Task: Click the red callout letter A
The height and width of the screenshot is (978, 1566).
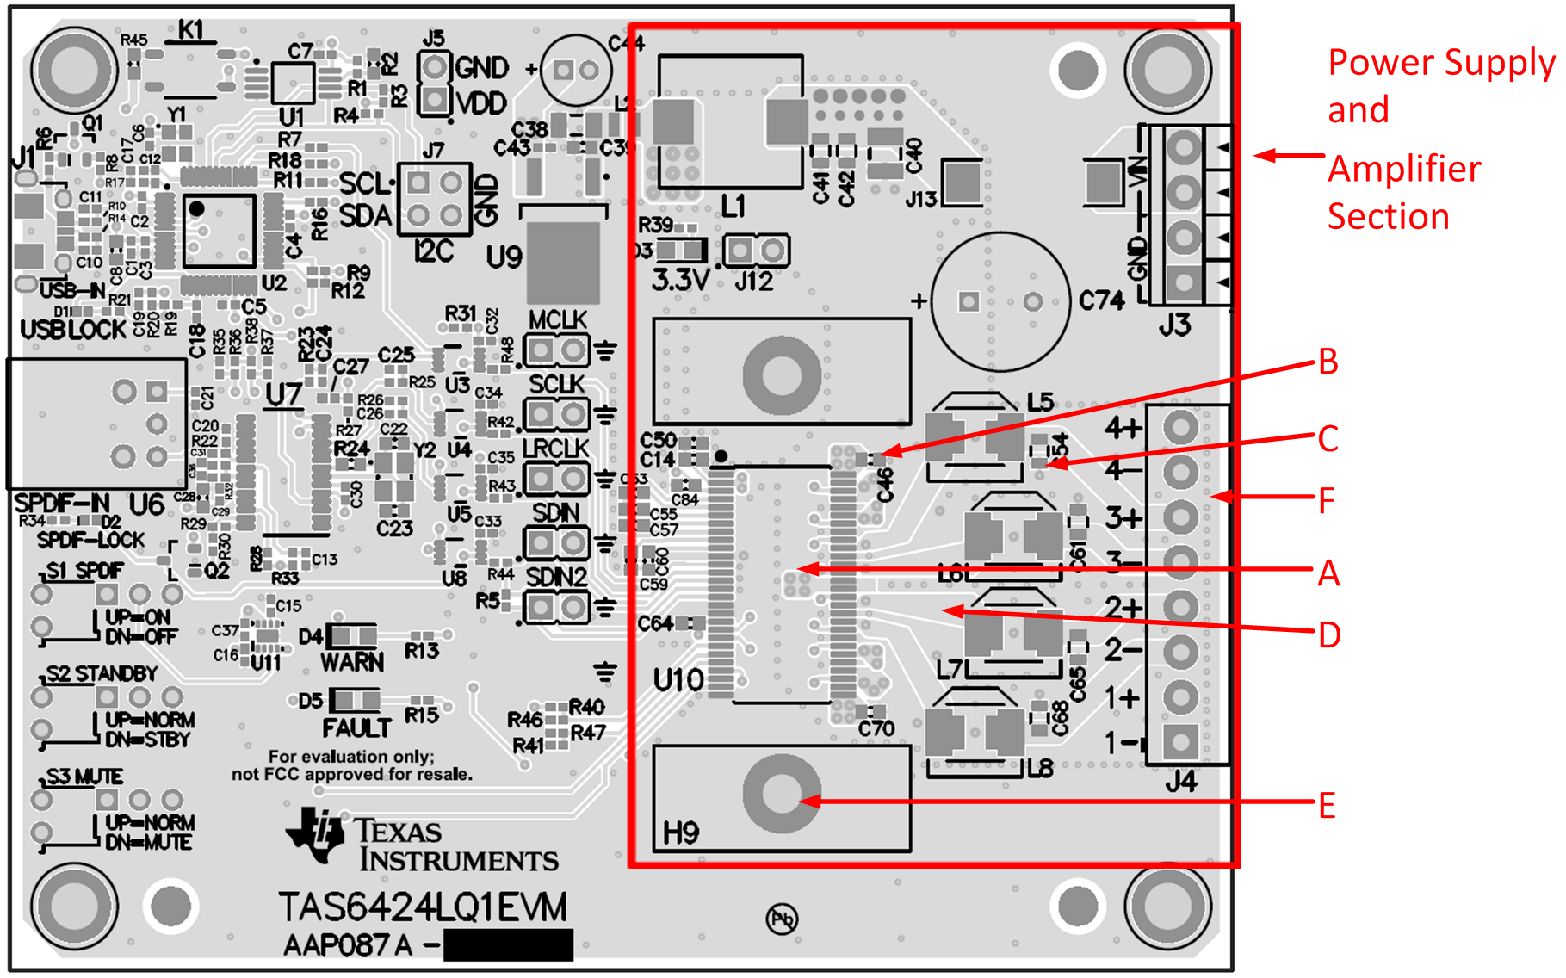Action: click(1328, 573)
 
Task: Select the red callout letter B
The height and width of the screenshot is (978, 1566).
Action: click(1328, 362)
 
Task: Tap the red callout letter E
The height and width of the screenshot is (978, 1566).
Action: click(1327, 806)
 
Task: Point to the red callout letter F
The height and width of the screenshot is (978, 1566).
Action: click(1327, 500)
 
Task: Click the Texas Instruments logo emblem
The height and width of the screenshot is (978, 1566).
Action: click(315, 833)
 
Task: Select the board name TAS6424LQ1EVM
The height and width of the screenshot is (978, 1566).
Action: click(423, 907)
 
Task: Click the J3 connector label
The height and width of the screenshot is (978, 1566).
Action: click(1173, 325)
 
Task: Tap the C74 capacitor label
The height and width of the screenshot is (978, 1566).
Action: click(1102, 301)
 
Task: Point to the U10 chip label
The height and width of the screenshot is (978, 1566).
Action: click(678, 680)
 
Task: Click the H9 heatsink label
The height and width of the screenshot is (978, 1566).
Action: click(680, 833)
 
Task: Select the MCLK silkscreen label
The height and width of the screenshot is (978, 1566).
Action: click(557, 320)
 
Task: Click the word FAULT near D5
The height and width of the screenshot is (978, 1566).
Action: click(356, 729)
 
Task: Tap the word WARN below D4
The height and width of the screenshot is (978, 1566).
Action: click(352, 662)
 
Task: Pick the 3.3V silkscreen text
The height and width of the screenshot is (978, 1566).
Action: click(680, 280)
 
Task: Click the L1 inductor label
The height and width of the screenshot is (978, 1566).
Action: click(733, 207)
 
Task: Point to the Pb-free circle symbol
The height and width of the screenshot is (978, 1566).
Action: click(782, 919)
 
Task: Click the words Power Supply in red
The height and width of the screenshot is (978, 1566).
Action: click(1441, 63)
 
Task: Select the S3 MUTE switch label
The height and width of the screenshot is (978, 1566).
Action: click(84, 777)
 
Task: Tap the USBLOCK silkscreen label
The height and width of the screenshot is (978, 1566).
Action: click(73, 330)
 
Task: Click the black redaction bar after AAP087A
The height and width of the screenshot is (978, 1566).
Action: click(508, 944)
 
